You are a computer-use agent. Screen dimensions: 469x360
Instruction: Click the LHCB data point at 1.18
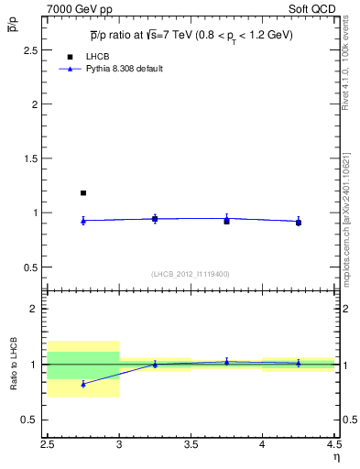coord(83,193)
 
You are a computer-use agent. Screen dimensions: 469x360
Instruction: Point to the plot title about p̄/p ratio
coord(192,36)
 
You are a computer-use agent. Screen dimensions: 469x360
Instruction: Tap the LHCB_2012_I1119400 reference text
coord(191,274)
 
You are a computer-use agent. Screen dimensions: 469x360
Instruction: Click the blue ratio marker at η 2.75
coord(83,384)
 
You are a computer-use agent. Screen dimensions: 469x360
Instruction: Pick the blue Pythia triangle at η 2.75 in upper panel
coord(83,220)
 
